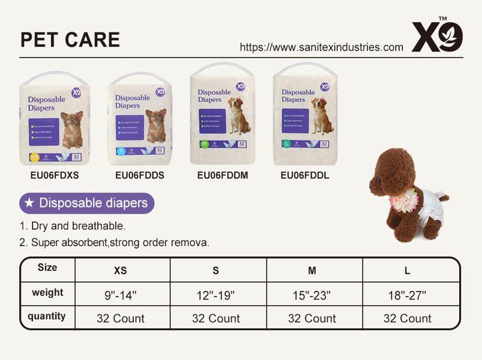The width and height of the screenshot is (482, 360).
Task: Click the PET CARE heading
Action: (70, 40)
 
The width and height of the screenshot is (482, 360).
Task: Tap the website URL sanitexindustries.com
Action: (321, 47)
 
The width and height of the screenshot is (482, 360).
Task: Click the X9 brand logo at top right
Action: (437, 37)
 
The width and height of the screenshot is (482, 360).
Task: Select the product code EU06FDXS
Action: (55, 175)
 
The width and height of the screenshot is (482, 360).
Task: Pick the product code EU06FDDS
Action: (139, 175)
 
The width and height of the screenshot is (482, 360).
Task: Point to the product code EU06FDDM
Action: (222, 175)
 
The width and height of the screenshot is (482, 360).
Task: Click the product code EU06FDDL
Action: (305, 175)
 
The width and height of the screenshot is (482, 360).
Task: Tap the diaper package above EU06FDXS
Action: (55, 119)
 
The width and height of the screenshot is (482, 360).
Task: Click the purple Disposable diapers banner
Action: (87, 203)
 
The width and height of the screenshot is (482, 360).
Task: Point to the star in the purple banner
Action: (29, 203)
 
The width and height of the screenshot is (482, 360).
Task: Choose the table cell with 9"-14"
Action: (120, 295)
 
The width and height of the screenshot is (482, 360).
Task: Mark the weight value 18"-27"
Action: (407, 295)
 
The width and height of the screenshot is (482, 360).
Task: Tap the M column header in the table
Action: (312, 271)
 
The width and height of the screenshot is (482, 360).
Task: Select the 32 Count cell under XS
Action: (120, 318)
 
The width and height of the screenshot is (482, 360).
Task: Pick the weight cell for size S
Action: (215, 295)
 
